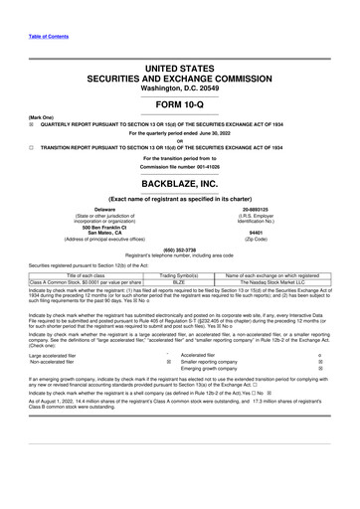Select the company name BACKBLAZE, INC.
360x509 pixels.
click(180, 185)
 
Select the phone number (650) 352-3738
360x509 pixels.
click(179, 251)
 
